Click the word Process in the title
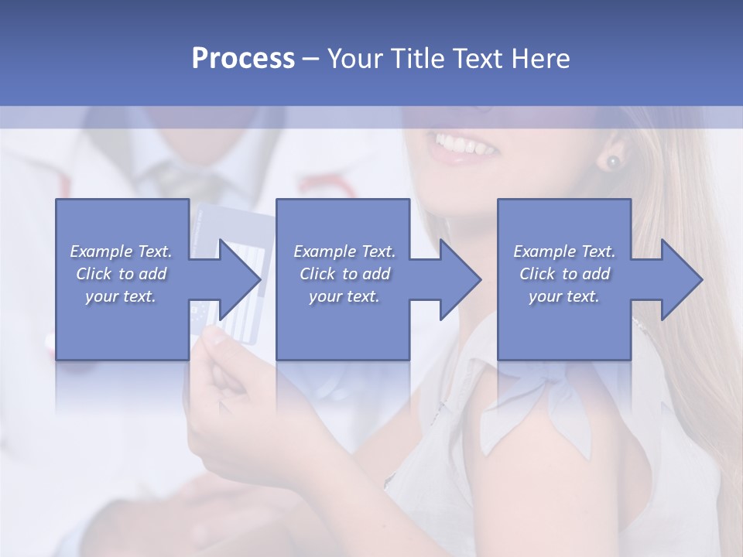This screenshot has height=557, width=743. click(243, 59)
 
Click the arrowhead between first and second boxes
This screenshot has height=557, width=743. click(240, 279)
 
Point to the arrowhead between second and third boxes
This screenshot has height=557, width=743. click(461, 279)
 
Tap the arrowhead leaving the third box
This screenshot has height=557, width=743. click(682, 279)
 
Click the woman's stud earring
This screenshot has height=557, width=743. click(613, 162)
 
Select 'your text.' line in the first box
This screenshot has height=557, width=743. click(121, 296)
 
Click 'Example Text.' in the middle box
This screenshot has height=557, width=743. click(344, 251)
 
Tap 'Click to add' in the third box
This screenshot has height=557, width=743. click(564, 274)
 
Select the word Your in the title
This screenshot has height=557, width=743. click(355, 59)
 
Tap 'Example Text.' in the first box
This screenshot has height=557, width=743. click(121, 251)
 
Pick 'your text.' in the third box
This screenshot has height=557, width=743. click(564, 296)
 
